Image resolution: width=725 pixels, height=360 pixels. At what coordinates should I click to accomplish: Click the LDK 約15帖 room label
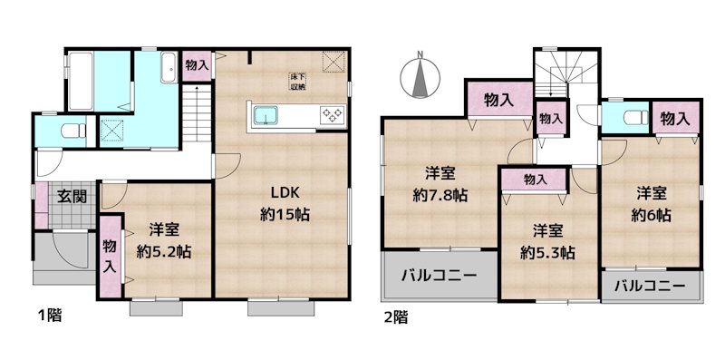tap(281, 204)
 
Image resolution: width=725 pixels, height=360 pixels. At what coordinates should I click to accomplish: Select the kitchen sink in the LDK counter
tap(266, 115)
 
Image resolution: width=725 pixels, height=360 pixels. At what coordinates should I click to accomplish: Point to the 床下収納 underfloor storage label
tap(297, 82)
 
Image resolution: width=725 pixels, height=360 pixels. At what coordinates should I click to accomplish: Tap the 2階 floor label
tap(394, 316)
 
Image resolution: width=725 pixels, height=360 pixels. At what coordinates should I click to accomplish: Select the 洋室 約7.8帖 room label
tap(442, 184)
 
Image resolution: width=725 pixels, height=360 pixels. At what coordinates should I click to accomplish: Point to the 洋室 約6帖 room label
tap(652, 204)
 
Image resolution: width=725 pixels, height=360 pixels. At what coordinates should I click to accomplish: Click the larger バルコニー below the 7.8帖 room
tap(440, 276)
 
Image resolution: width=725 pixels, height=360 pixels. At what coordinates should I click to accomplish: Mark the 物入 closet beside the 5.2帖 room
tap(110, 257)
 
